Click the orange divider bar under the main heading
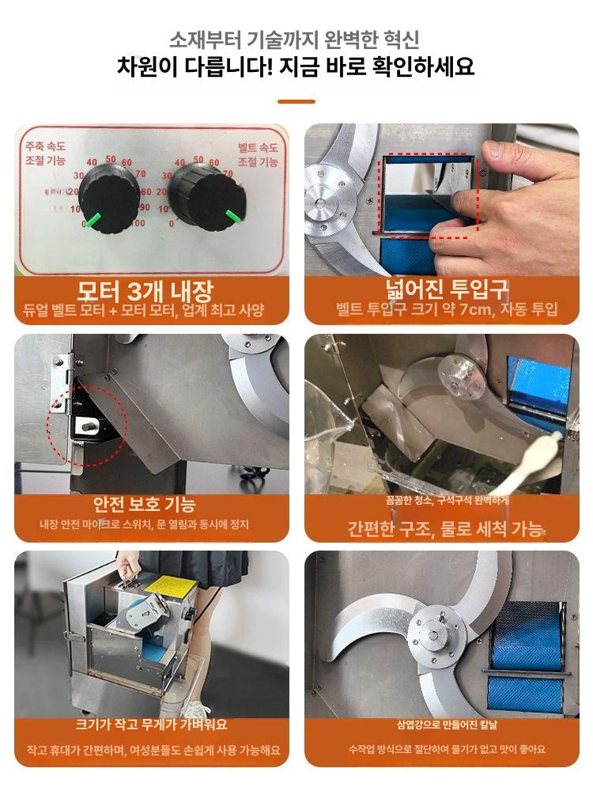coord(296,101)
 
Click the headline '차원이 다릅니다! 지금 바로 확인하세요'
coord(296,66)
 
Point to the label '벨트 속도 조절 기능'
coord(258,155)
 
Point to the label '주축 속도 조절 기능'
coord(45,155)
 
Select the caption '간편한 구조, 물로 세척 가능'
coord(445,528)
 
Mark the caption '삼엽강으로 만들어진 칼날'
coord(448,724)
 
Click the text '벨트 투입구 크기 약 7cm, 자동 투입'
coord(447,309)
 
